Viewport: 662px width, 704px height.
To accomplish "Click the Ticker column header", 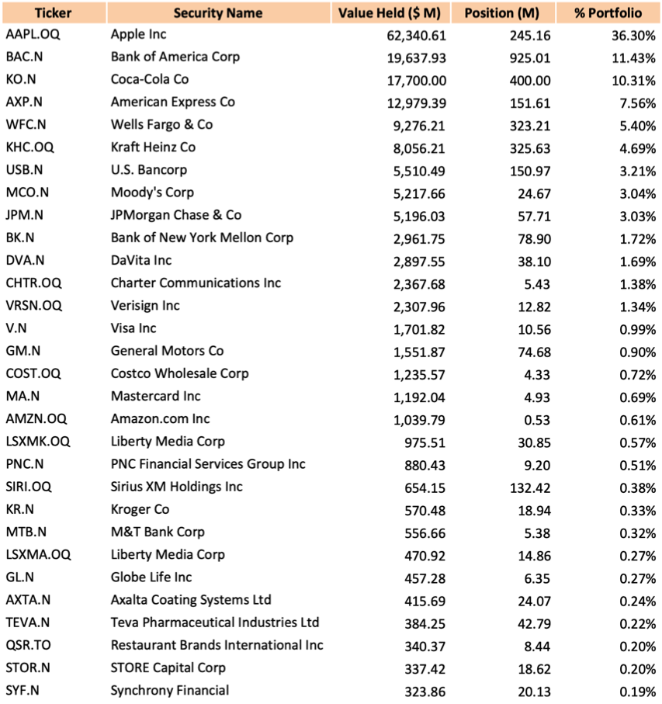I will (x=54, y=12).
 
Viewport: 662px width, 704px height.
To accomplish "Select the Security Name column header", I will (x=217, y=12).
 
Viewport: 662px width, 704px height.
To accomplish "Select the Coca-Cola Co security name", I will (x=149, y=79).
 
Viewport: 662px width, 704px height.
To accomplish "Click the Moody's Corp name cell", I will (x=152, y=192).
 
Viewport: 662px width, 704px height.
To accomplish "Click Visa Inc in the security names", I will (x=133, y=328).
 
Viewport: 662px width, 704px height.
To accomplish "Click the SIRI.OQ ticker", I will (x=28, y=487).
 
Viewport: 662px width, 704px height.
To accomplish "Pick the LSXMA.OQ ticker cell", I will (x=38, y=554).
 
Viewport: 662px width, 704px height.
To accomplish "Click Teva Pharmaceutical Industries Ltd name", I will (x=215, y=623).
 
